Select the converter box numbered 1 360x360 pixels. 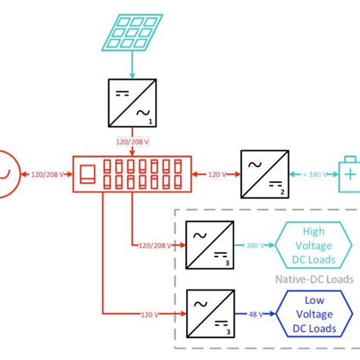131,104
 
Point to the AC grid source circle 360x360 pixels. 6,174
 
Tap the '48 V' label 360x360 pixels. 254,314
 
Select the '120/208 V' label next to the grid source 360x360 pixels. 48,175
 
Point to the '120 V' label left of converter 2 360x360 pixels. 218,175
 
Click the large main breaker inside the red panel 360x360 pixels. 88,174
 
